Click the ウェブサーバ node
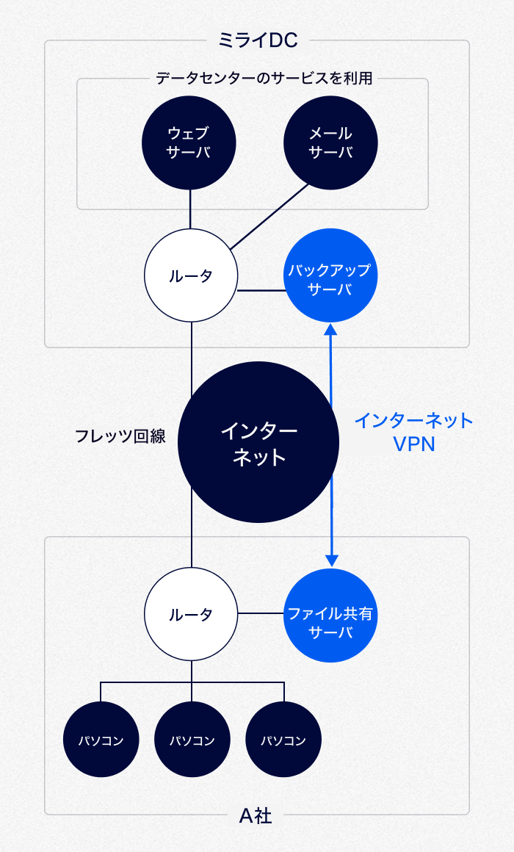[x=190, y=143]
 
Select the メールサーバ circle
[x=330, y=143]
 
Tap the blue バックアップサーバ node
[x=330, y=275]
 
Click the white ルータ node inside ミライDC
[x=191, y=275]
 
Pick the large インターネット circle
[x=258, y=442]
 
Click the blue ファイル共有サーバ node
[x=330, y=615]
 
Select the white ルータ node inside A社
[x=191, y=614]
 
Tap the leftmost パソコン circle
[x=101, y=739]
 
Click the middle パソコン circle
[x=192, y=739]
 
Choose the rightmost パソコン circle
[x=283, y=739]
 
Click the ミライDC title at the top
[x=258, y=41]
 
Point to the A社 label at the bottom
[x=256, y=815]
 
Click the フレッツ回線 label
[x=120, y=436]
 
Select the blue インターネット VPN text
[x=414, y=432]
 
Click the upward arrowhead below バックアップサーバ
[x=331, y=331]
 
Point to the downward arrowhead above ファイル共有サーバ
[x=332, y=560]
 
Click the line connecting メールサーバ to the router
[x=269, y=216]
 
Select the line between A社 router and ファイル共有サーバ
[x=261, y=613]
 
